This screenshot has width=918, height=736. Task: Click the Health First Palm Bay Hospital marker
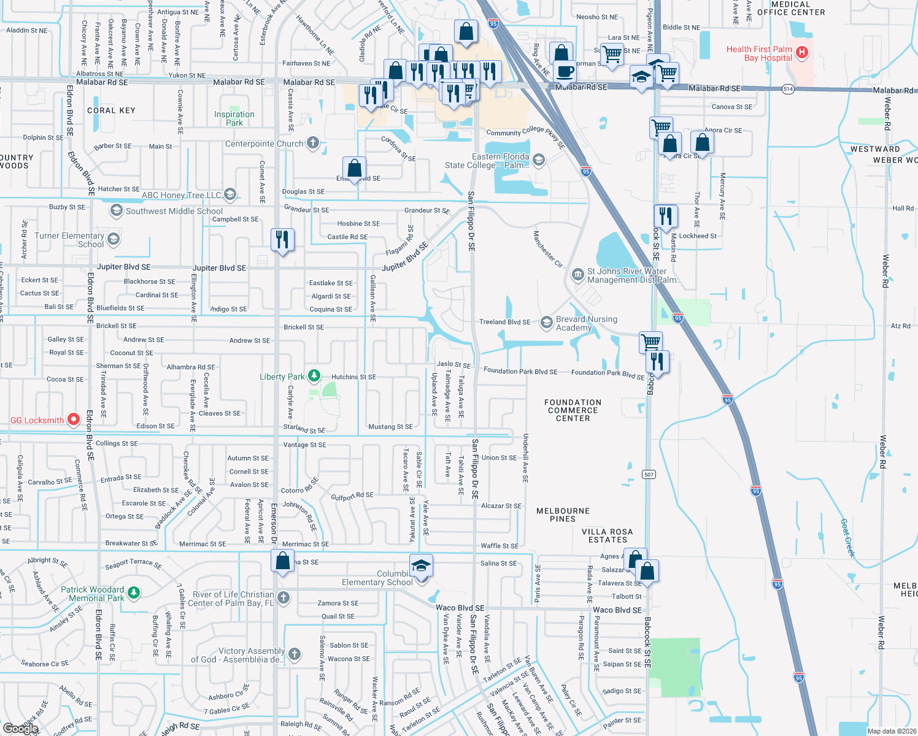pos(801,53)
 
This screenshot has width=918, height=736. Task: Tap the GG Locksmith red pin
pos(74,420)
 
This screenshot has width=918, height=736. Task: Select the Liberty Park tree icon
pos(314,376)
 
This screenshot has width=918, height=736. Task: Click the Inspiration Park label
pos(234,118)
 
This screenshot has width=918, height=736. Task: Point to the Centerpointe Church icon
pos(313,144)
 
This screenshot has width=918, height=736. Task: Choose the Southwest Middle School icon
pos(116,211)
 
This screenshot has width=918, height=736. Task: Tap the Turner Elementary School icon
pos(114,239)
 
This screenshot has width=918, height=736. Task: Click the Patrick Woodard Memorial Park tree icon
pos(134,593)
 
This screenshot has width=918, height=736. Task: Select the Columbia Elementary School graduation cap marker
pos(421,565)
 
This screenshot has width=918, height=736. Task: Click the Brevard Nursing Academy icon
pos(546,323)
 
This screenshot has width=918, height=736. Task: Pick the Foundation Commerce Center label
pos(573,410)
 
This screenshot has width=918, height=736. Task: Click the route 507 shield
pos(649,474)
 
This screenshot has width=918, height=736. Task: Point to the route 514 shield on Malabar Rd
pos(789,89)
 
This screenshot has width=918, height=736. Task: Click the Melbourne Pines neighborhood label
pos(563,515)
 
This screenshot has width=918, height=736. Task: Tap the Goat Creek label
pos(847,537)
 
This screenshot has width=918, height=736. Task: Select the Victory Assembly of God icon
pos(295,654)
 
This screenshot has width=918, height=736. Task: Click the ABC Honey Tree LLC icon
pos(230,195)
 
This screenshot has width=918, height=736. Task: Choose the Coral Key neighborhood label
pos(111,110)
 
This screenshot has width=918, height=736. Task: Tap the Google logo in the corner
pos(20,729)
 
